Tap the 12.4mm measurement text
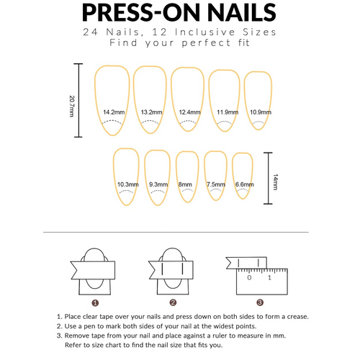pyautogui.click(x=189, y=112)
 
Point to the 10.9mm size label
pyautogui.click(x=260, y=112)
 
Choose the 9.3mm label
pyautogui.click(x=158, y=184)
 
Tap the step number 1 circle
pyautogui.click(x=95, y=303)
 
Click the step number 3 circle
pyautogui.click(x=259, y=303)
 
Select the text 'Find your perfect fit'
pyautogui.click(x=180, y=42)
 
